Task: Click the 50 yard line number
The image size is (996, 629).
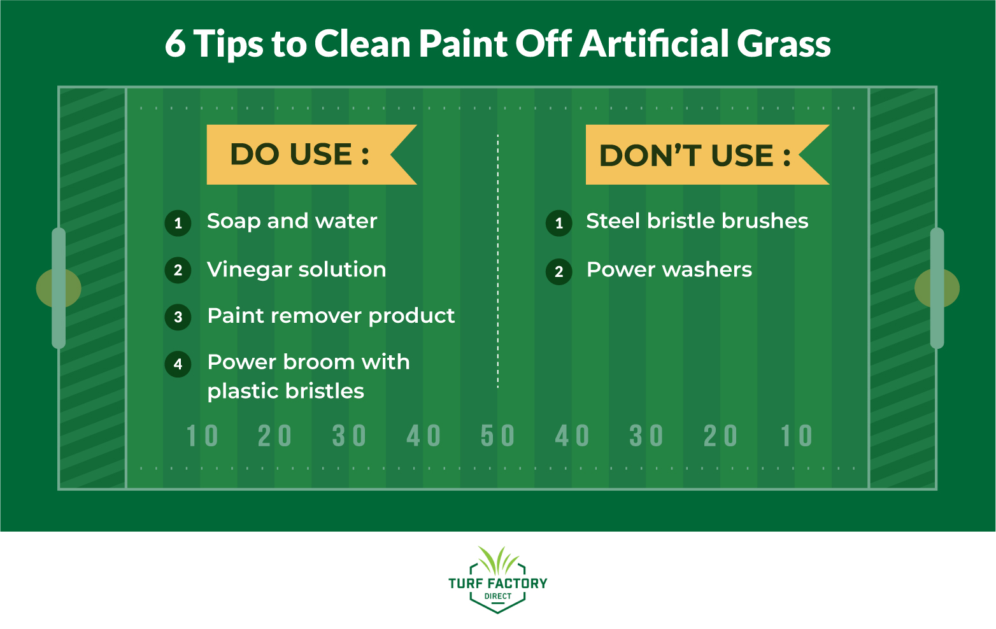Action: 497,436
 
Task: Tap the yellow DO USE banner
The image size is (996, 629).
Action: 299,155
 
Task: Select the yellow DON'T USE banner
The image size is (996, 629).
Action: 694,155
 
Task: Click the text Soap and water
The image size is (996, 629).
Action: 292,221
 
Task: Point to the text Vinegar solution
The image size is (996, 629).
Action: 296,269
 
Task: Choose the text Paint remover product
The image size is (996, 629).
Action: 331,316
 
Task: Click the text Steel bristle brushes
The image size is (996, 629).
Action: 697,221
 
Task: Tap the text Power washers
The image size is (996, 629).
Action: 669,269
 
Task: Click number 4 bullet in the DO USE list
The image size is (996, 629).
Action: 178,364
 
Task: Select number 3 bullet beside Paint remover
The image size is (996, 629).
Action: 178,317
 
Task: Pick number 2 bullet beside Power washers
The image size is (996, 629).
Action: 559,272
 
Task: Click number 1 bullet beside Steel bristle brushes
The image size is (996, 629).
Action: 559,223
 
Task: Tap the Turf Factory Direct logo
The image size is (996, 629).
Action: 497,579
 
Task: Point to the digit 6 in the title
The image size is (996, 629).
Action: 175,44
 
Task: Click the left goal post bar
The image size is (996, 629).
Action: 59,288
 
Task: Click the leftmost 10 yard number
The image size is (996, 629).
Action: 202,436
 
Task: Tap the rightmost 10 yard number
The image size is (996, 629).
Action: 797,436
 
